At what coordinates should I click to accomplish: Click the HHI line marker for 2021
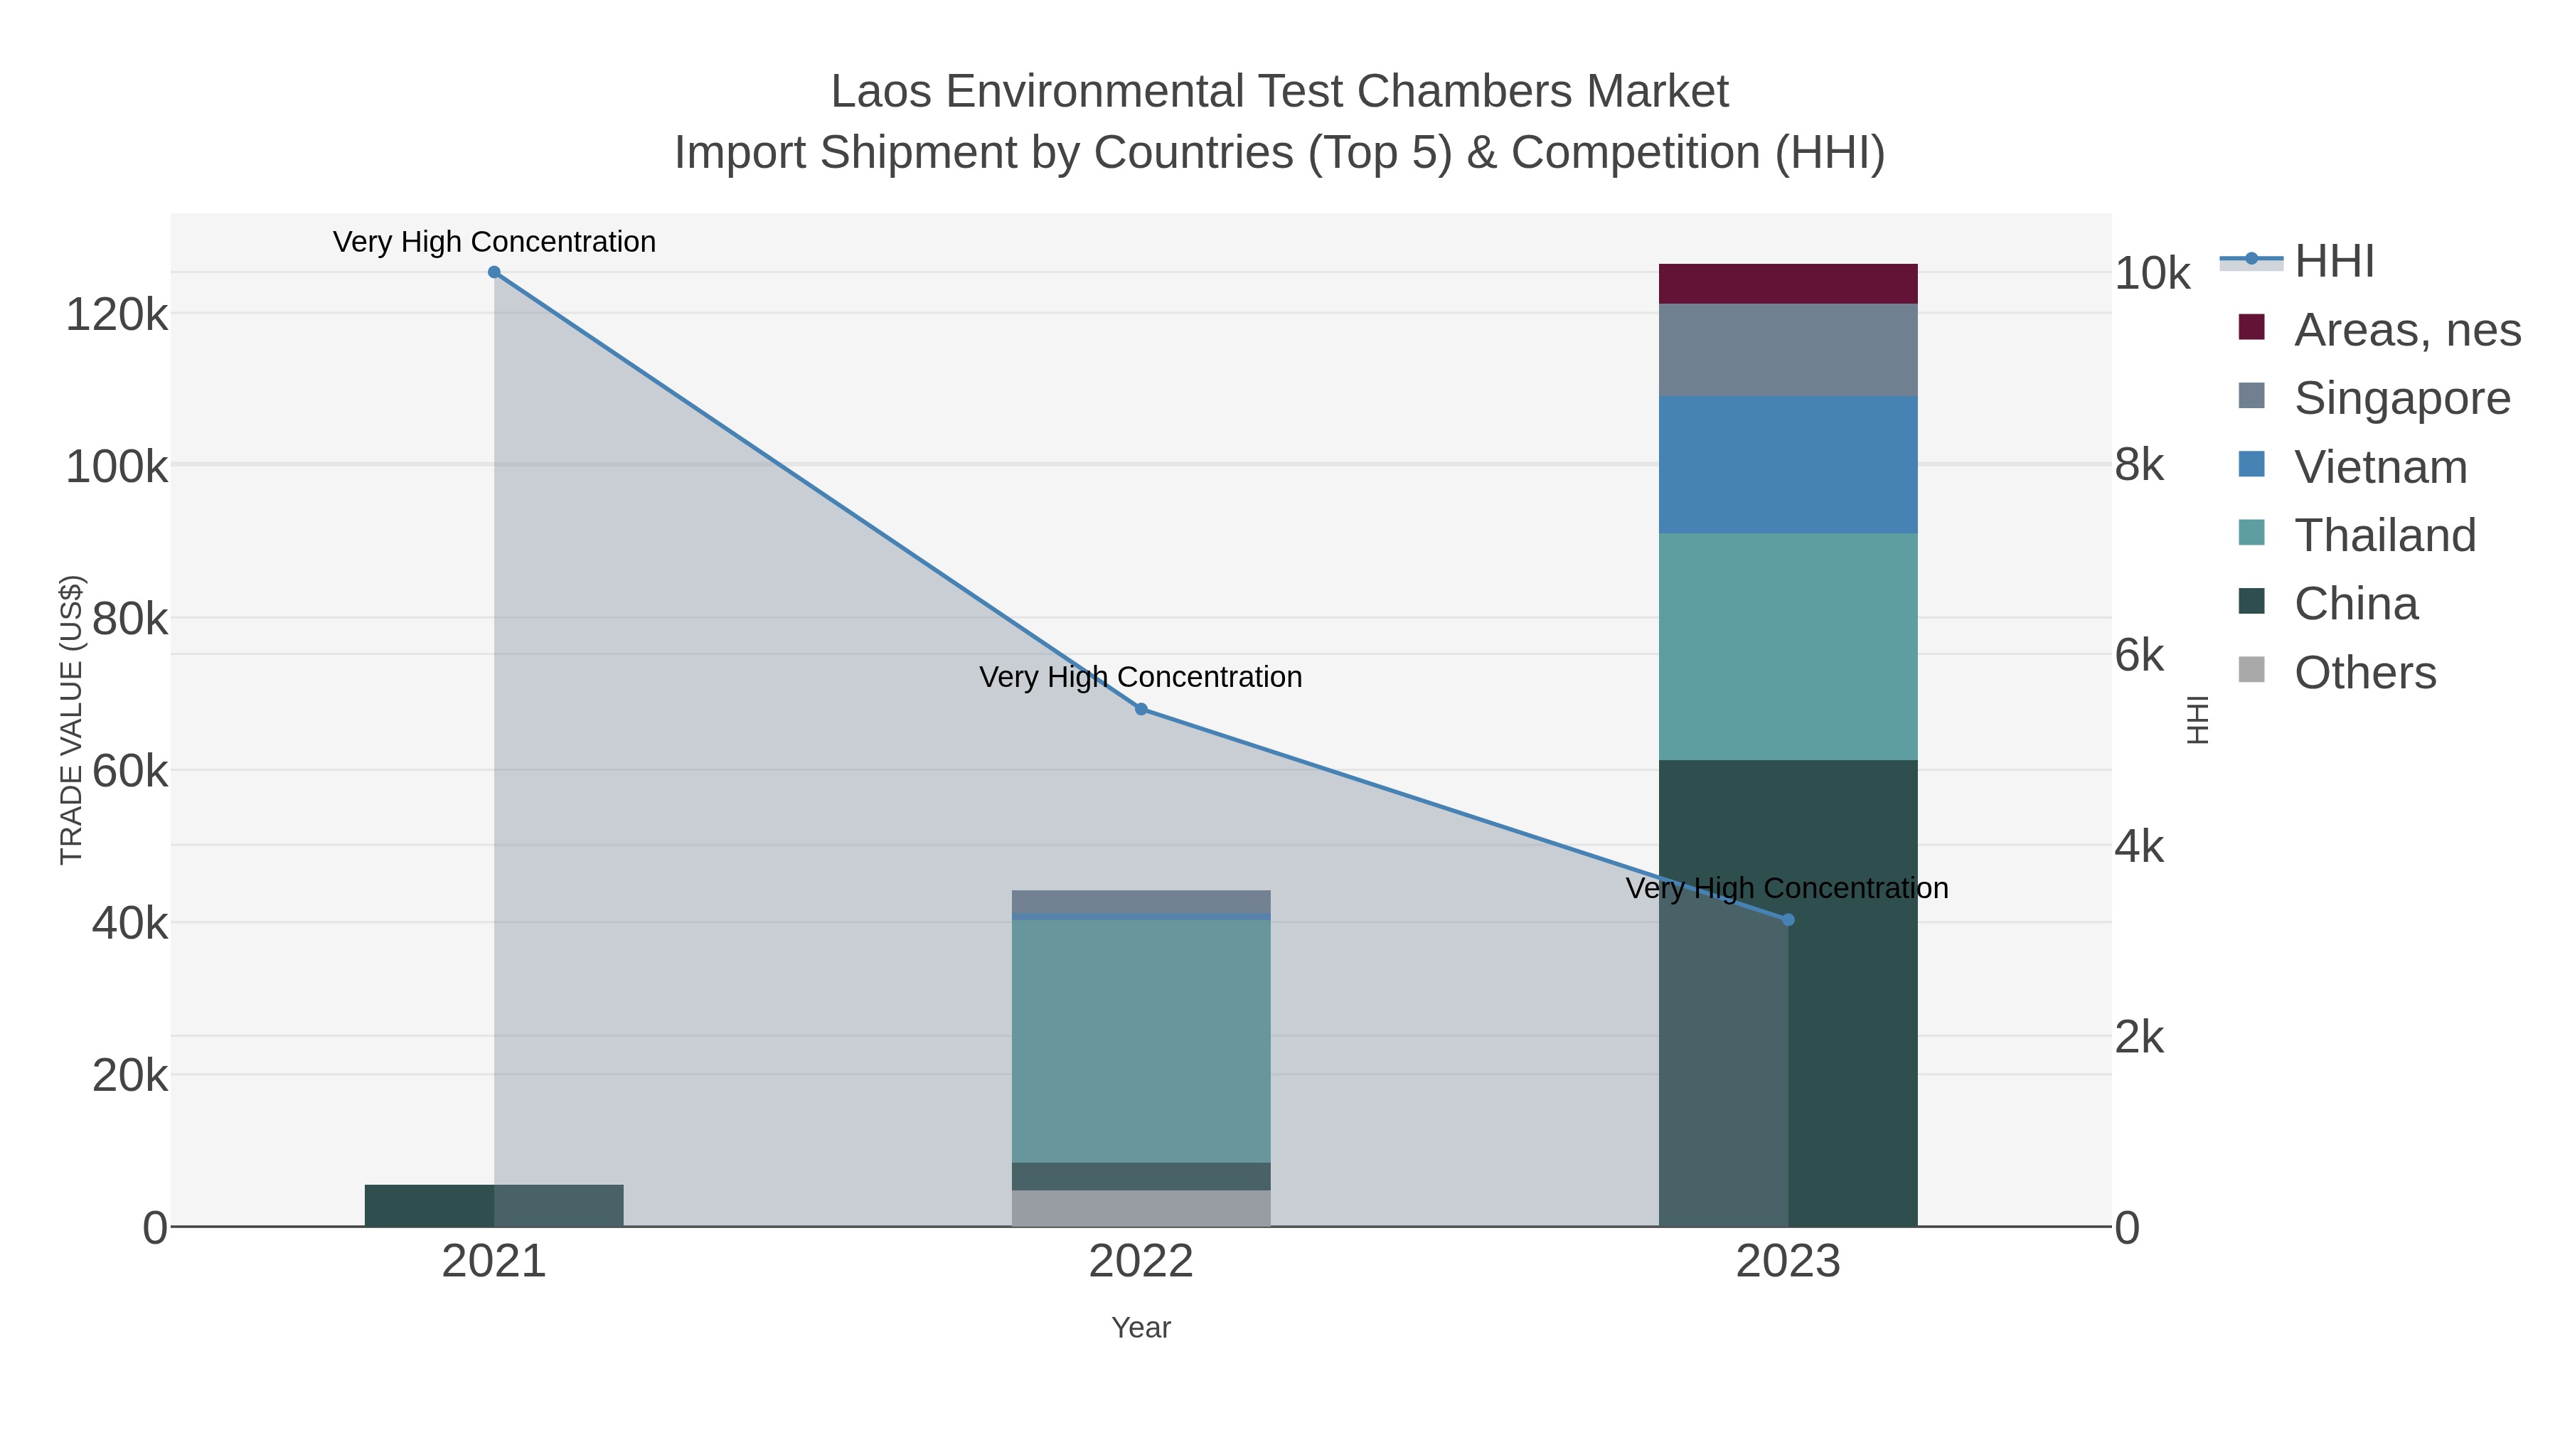point(494,272)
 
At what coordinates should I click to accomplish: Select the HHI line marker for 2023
point(1788,920)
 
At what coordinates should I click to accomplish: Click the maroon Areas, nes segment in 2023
point(1788,284)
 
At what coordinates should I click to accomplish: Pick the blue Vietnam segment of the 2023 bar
point(1788,465)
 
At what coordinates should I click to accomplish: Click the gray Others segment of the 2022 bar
point(1141,1207)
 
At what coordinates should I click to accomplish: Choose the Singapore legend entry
point(2400,398)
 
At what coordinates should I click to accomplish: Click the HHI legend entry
point(2333,262)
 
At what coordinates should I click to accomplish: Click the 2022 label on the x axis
point(1141,1262)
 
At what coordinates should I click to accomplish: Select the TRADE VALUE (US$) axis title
point(72,720)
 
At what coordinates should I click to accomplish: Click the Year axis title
point(1141,1328)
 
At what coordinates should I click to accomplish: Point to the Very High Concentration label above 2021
point(494,242)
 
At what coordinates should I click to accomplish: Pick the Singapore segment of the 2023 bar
point(1788,350)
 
